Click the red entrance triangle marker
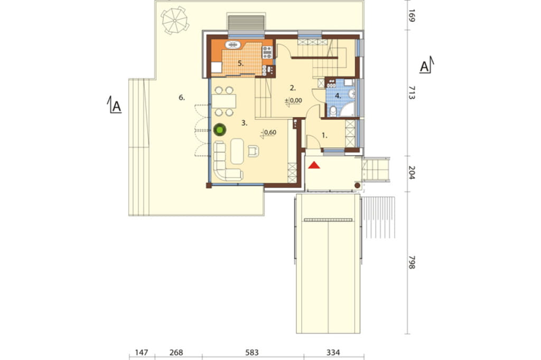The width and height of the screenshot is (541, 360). [314, 165]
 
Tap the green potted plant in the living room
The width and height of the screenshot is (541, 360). [219, 130]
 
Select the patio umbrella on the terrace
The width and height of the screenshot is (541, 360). [175, 21]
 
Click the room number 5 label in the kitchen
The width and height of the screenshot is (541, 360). [240, 63]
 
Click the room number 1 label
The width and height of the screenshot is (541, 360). [324, 136]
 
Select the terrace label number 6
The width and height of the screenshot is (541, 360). [182, 98]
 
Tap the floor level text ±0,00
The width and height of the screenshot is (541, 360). [293, 101]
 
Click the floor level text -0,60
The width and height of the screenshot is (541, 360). [269, 132]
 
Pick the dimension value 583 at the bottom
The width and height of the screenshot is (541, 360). [252, 353]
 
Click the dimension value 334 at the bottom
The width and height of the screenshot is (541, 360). [333, 353]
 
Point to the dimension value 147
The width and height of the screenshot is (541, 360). [142, 353]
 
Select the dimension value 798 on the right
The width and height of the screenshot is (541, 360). [412, 262]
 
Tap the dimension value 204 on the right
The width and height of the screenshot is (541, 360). [412, 173]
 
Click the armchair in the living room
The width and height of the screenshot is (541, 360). [253, 150]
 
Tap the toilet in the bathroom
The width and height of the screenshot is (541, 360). [333, 111]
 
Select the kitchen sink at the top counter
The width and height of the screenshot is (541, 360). [233, 44]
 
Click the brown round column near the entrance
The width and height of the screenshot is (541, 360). [358, 185]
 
